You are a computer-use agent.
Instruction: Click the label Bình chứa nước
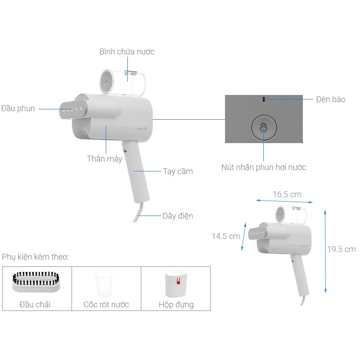pos(127,52)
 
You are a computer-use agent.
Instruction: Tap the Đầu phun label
pos(18,108)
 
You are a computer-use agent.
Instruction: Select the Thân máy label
pos(104,159)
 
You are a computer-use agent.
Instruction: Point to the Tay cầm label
pos(178,171)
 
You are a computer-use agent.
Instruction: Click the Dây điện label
pos(178,216)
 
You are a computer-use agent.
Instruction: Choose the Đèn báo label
pos(331,99)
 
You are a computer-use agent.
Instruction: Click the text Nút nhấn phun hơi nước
pos(264,167)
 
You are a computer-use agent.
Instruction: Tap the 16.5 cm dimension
pos(287,194)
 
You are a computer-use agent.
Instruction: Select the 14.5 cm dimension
pos(226,236)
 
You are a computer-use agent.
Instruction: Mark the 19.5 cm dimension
pos(341,249)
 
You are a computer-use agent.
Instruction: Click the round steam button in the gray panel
pos(263,127)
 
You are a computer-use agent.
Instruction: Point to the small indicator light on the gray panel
pos(264,99)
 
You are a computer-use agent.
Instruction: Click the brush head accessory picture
pos(37,282)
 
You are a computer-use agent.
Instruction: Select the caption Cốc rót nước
pos(106,305)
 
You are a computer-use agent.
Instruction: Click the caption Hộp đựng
pos(176,305)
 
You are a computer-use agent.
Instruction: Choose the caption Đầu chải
pos(35,305)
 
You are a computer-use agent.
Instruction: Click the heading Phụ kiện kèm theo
pos(36,257)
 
